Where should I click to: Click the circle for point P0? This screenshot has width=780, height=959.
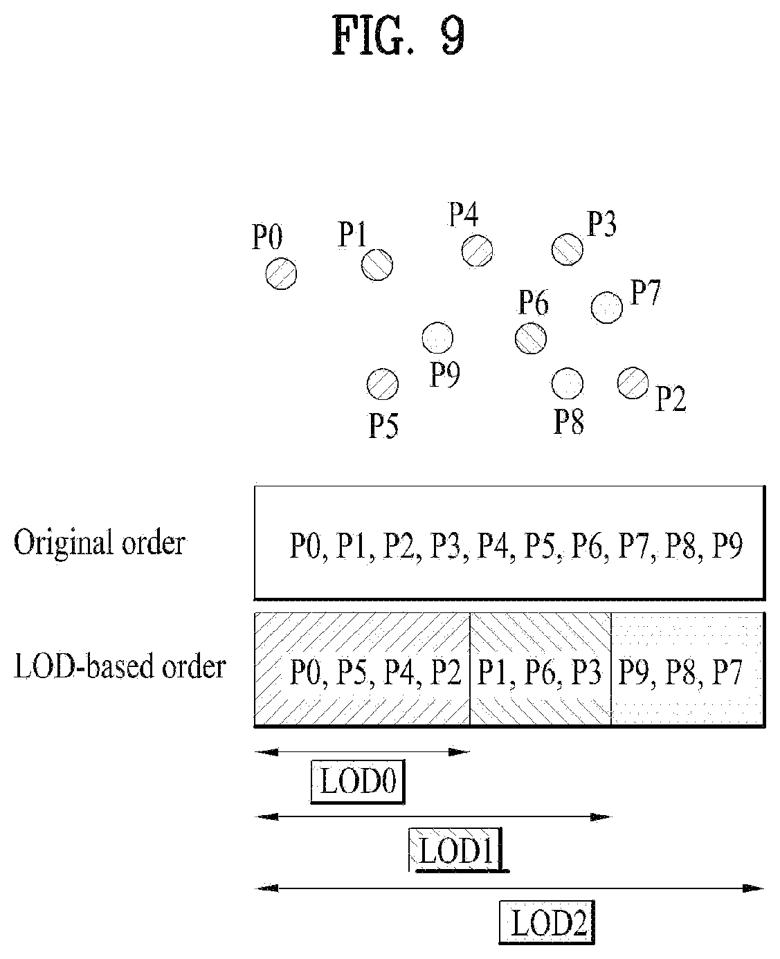point(281,274)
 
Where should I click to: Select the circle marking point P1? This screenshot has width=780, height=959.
point(377,265)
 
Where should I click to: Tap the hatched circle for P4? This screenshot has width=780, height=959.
point(477,250)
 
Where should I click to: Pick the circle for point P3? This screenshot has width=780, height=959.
point(567,249)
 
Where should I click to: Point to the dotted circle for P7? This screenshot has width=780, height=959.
point(606,307)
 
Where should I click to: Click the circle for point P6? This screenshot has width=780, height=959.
point(531,338)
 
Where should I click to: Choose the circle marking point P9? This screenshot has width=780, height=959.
point(437,338)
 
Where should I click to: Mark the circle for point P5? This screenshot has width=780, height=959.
point(382,385)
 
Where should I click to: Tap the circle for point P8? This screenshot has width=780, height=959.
point(567,383)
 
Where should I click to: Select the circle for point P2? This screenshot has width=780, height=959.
point(633,383)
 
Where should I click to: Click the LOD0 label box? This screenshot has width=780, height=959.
point(358,782)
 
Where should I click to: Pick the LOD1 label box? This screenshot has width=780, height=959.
point(457,850)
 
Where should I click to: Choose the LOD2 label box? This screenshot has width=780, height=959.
point(547,922)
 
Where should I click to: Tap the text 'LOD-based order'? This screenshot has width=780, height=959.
point(120,667)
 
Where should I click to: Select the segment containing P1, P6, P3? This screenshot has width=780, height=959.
point(541,669)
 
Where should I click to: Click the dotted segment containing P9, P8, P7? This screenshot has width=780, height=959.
point(688,669)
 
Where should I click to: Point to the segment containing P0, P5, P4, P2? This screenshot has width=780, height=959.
point(362,669)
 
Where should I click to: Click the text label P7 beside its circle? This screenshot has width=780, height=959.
point(645,293)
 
